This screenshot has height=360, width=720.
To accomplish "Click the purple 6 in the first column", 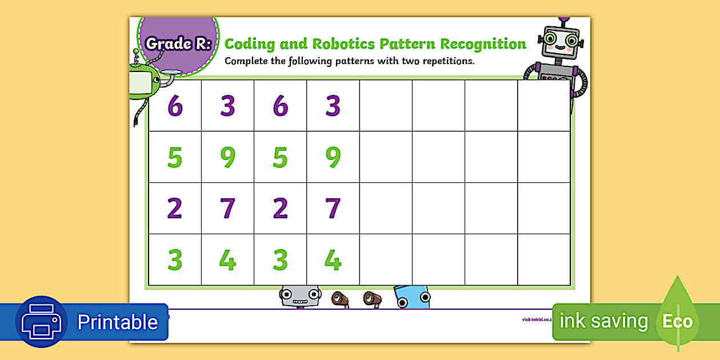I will (175, 106).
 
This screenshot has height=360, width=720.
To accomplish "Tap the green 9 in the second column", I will (227, 157).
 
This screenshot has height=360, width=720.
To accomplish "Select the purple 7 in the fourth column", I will (333, 209).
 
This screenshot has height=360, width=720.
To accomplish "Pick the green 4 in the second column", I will (227, 260).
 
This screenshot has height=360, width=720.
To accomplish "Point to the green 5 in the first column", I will (175, 157).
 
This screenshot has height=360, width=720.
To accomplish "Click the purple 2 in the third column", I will (280, 209).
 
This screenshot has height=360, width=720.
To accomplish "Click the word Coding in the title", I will (250, 44).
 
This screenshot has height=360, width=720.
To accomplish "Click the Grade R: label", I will (178, 43).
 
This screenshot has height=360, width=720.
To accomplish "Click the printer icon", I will (41, 322).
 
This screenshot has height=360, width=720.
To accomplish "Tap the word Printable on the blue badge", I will (117, 322).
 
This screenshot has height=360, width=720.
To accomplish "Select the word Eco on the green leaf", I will (677, 321).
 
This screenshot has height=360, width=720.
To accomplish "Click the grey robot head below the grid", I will (299, 296).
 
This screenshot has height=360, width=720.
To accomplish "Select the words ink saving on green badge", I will (603, 321).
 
